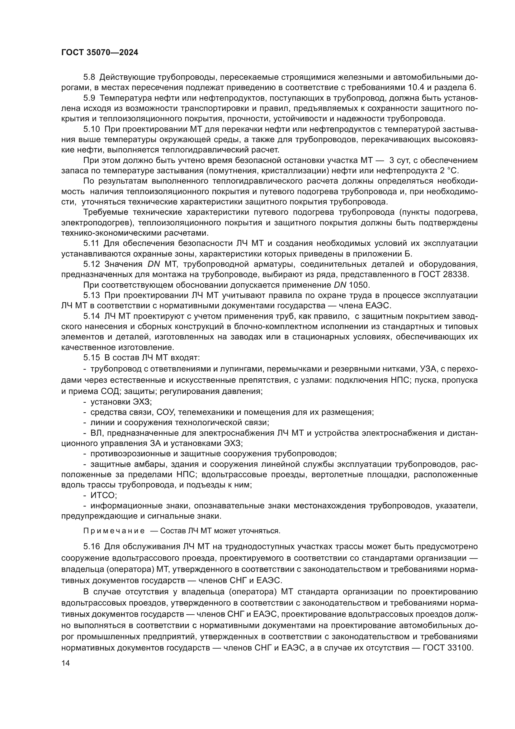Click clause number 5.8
[89, 77]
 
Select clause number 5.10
[92, 129]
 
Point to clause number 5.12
[92, 264]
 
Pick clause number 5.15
[92, 358]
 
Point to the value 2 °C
[449, 171]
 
